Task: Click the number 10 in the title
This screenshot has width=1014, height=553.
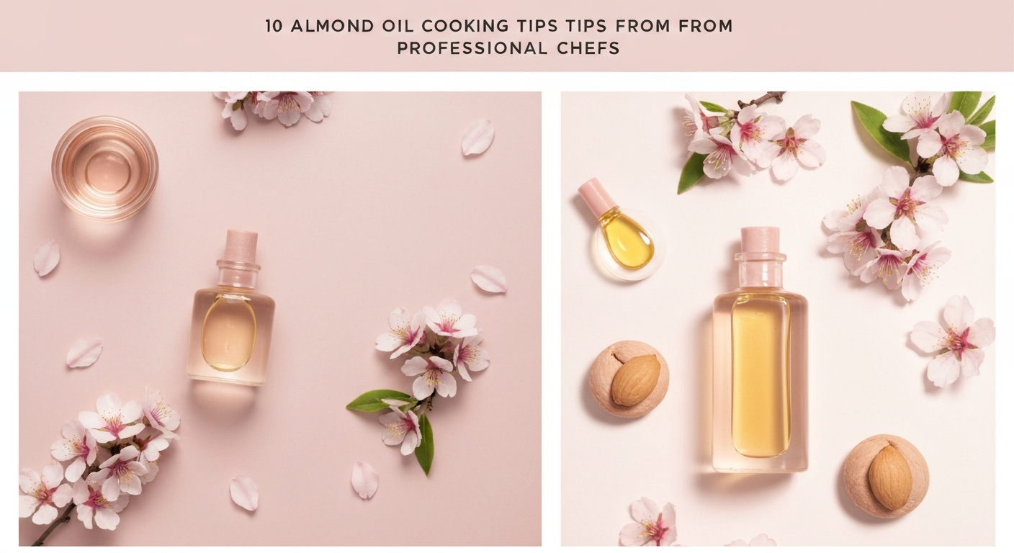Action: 273,27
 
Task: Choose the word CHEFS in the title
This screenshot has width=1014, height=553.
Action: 589,49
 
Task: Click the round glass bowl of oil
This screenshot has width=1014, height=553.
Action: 104,168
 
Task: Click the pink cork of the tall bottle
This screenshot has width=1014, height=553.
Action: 760,239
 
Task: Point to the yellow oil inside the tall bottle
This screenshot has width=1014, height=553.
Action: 760,374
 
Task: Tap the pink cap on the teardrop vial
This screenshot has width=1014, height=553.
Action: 596,197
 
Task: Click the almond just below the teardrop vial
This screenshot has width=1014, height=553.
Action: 634,379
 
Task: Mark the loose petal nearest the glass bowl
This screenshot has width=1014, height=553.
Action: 46,257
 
